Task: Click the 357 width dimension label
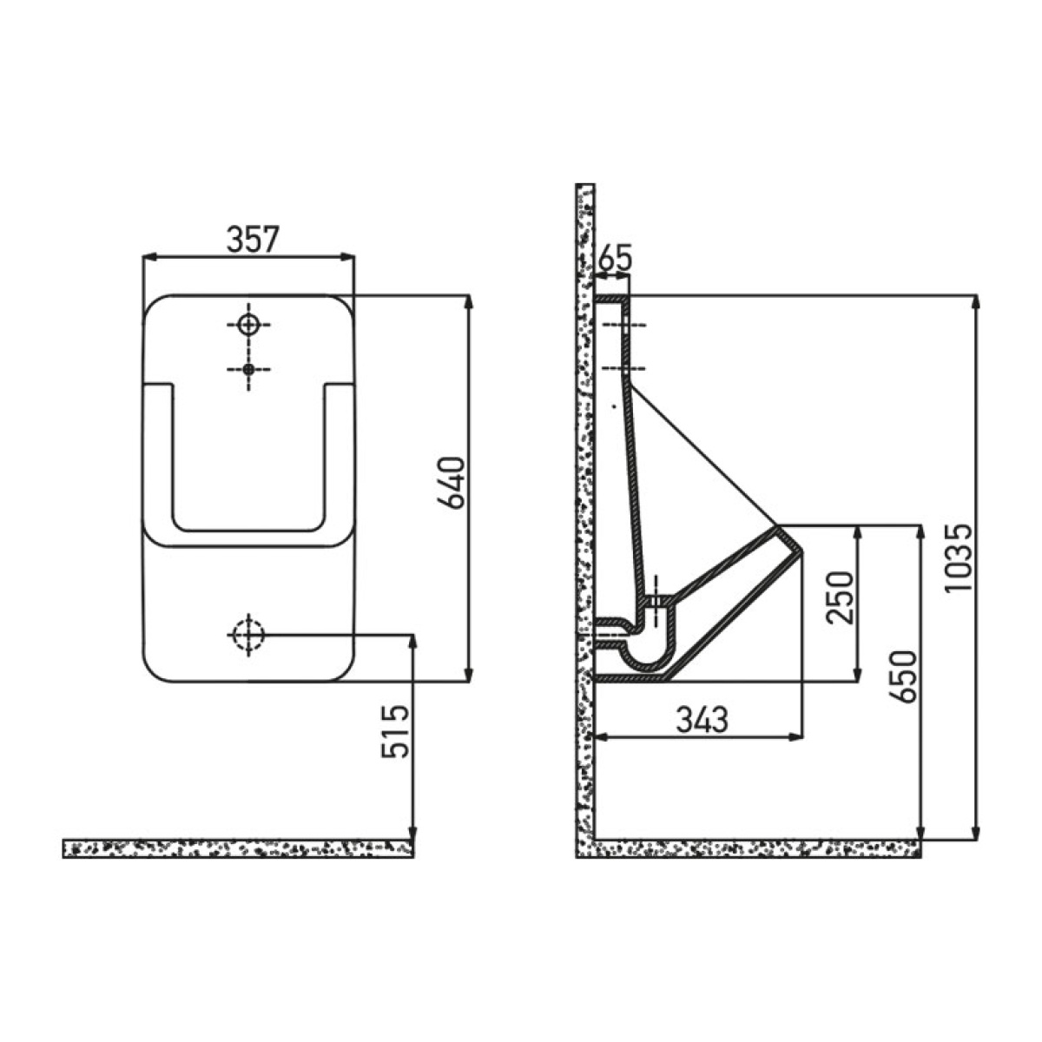point(253,239)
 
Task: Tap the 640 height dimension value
point(451,483)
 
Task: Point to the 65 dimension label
point(615,258)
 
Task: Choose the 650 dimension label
point(902,676)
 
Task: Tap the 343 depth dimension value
point(702,720)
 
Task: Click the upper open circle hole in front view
point(248,325)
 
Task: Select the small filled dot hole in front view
point(248,369)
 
